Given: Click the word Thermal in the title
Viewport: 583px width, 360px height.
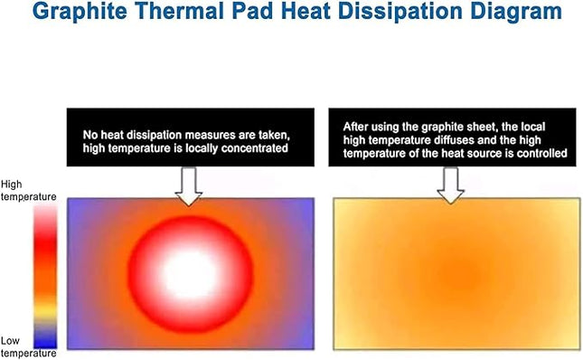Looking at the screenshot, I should (x=187, y=14).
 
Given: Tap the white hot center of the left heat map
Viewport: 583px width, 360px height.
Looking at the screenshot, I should (x=189, y=271).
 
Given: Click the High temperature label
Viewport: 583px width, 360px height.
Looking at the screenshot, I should (x=28, y=189).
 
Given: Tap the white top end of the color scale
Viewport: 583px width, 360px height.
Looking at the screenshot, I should (x=44, y=211).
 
